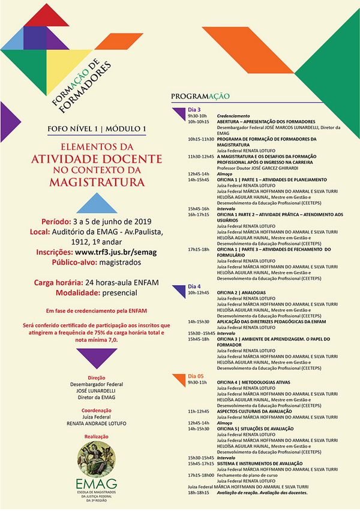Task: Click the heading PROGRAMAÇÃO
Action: pos(200,96)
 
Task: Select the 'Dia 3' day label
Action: pos(194,110)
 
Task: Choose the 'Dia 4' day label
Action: pos(194,286)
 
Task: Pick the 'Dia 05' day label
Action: pos(196,376)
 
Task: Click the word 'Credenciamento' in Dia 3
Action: pos(233,116)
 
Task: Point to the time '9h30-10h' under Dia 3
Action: pos(197,116)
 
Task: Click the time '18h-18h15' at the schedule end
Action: pos(199,492)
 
